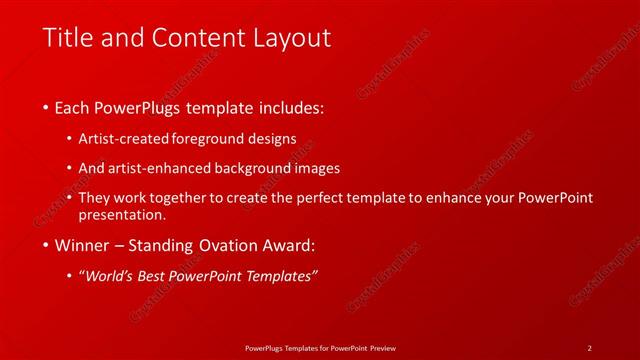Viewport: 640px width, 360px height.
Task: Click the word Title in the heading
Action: pos(67,38)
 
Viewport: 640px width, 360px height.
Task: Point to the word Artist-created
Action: pos(123,139)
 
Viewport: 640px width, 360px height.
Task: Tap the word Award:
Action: pos(291,245)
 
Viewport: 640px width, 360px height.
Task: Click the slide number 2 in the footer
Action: pos(589,347)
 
